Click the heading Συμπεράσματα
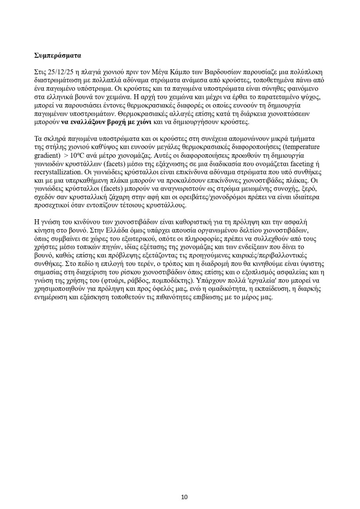pos(58,55)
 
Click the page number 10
pos(184,497)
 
